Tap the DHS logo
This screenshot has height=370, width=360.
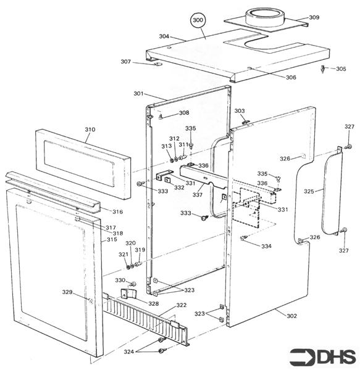tap(323, 356)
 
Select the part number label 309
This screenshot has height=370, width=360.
tap(314, 18)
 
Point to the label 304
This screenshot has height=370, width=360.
tap(164, 36)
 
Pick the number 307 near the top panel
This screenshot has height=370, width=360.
tap(126, 62)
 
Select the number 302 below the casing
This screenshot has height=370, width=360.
tap(291, 316)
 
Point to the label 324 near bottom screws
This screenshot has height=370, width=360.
tap(128, 352)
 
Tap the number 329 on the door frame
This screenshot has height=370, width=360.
tap(67, 292)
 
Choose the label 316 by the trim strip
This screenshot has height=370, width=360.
tap(117, 212)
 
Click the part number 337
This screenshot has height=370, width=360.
tap(198, 194)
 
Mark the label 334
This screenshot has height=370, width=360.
tap(266, 246)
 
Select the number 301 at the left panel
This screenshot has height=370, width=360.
tap(138, 94)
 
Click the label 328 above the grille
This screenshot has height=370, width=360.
tap(153, 303)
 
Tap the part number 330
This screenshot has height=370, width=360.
tap(120, 281)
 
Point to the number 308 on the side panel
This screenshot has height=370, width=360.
tap(184, 113)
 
